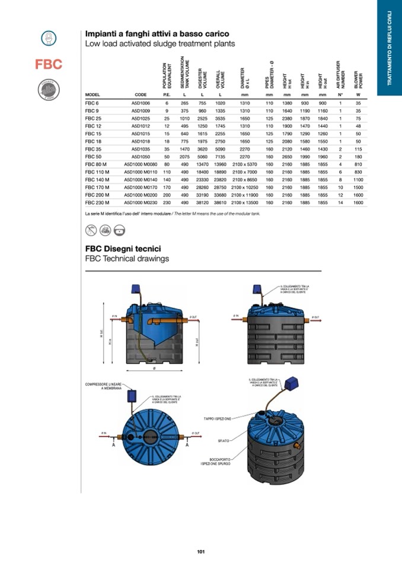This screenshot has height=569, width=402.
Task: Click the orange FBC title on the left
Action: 49,64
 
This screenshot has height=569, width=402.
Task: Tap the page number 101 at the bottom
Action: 201,552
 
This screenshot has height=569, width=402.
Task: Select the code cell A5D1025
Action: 141,118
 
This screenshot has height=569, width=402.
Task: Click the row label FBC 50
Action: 94,156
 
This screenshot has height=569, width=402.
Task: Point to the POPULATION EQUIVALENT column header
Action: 167,76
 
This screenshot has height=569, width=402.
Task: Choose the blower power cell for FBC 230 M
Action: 358,202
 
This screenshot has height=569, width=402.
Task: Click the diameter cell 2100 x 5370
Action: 244,164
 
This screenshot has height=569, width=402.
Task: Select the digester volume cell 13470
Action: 202,164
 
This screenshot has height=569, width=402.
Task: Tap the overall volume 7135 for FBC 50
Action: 220,156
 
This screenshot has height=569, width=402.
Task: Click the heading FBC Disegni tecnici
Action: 123,249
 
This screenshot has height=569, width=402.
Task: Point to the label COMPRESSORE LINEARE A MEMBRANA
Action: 106,386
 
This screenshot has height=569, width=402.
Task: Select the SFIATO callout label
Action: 220,441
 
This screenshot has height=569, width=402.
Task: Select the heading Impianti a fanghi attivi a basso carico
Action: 157,34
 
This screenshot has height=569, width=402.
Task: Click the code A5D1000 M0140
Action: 141,179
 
